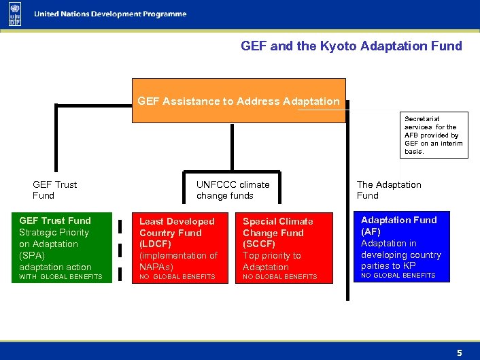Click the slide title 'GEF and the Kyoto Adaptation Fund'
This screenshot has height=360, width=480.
click(351, 46)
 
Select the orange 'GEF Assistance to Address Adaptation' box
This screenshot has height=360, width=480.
click(238, 101)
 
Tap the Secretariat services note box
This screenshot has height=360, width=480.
click(434, 135)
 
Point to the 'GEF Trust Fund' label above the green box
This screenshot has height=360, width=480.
click(54, 190)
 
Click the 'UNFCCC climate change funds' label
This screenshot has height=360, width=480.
click(233, 190)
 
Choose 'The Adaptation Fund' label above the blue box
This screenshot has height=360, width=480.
click(389, 190)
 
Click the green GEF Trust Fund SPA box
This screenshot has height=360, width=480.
click(61, 248)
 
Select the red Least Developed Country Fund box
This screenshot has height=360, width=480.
click(179, 248)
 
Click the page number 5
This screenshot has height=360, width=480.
click(459, 353)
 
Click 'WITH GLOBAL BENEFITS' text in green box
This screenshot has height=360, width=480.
click(61, 277)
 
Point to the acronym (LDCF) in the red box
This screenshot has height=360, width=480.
click(155, 244)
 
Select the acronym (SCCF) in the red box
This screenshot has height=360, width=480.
click(259, 244)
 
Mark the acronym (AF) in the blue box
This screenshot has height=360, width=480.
click(371, 231)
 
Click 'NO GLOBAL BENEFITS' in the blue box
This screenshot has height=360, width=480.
click(398, 276)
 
